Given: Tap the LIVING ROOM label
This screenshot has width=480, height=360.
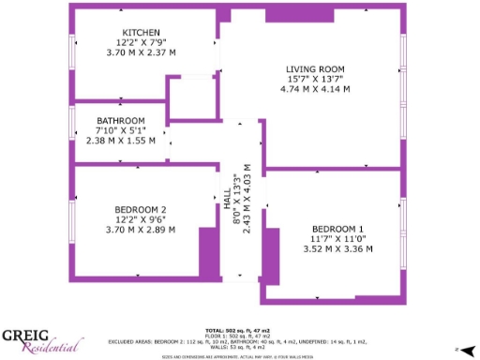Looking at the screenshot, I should [x=315, y=69].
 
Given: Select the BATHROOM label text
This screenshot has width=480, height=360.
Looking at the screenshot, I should [x=121, y=121].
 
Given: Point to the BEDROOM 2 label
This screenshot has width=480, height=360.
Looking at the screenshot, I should [x=141, y=209].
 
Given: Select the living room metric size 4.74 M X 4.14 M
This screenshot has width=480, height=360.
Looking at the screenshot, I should [x=315, y=89].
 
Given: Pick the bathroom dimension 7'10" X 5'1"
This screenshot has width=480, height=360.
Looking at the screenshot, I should [x=121, y=130].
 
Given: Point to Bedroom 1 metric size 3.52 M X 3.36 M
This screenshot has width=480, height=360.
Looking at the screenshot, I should [x=337, y=249].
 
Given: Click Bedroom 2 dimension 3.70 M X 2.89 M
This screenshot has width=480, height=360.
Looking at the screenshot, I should [x=141, y=229].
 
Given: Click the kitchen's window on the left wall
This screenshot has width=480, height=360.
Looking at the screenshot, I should [x=72, y=52].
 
